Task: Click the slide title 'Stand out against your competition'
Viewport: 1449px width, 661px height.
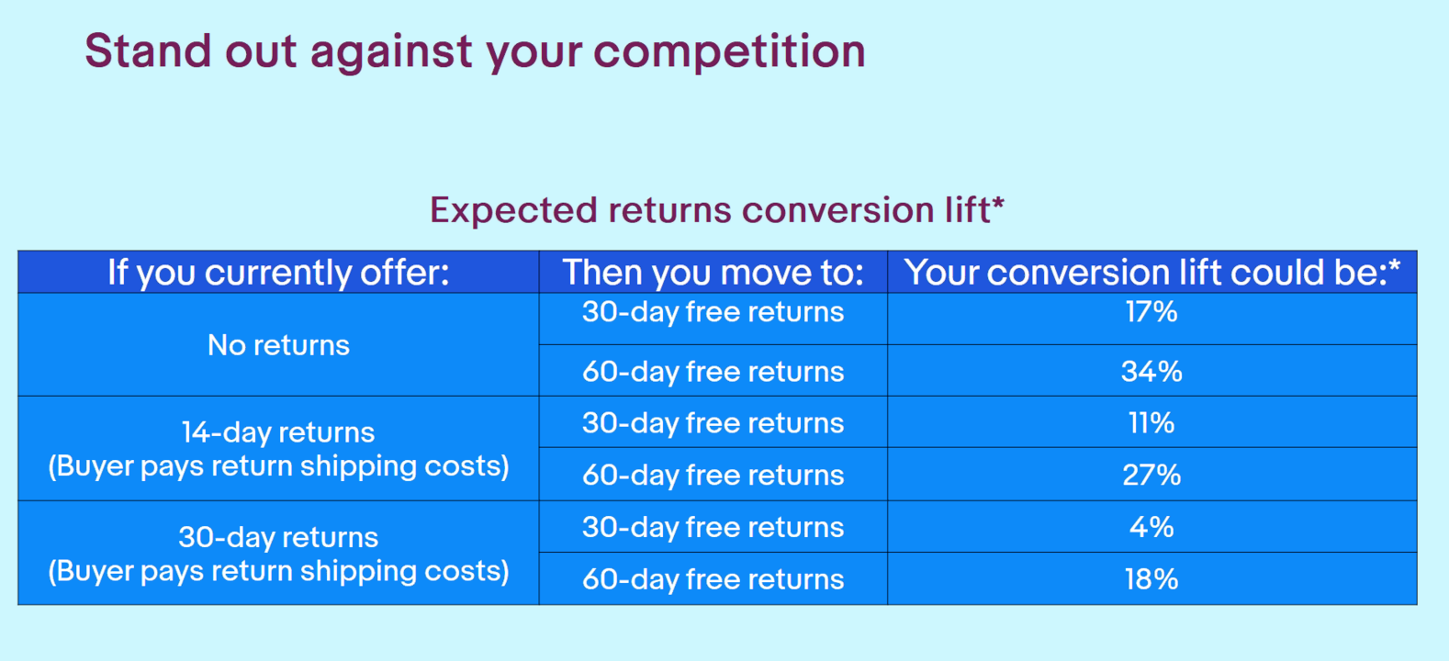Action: pyautogui.click(x=475, y=51)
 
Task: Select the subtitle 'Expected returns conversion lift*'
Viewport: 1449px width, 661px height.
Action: pyautogui.click(x=717, y=210)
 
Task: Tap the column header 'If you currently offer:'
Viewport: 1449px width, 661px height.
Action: pyautogui.click(x=278, y=273)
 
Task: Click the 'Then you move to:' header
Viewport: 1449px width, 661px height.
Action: pyautogui.click(x=713, y=272)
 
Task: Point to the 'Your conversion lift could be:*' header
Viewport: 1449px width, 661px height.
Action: pyautogui.click(x=1152, y=272)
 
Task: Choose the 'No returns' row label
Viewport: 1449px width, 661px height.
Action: pyautogui.click(x=278, y=344)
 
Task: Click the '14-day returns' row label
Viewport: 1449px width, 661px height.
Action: pyautogui.click(x=278, y=432)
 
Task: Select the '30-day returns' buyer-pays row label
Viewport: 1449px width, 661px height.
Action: pyautogui.click(x=278, y=537)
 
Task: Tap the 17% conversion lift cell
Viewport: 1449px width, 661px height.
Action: pyautogui.click(x=1152, y=312)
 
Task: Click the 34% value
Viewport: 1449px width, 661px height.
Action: pyautogui.click(x=1152, y=371)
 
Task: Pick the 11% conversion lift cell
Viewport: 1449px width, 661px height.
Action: pyautogui.click(x=1152, y=423)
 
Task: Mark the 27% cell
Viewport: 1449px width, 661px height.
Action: pyautogui.click(x=1152, y=475)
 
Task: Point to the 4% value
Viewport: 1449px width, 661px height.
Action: pyautogui.click(x=1152, y=527)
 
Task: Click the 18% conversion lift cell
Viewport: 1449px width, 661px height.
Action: pyautogui.click(x=1152, y=579)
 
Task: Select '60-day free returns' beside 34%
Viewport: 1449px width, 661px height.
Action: pyautogui.click(x=713, y=371)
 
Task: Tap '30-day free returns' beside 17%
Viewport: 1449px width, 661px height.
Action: pyautogui.click(x=713, y=312)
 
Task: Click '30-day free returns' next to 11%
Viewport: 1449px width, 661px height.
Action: pyautogui.click(x=713, y=423)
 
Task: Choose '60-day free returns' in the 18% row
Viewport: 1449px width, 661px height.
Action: pyautogui.click(x=713, y=579)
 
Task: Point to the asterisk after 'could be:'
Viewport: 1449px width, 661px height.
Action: pyautogui.click(x=1394, y=263)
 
